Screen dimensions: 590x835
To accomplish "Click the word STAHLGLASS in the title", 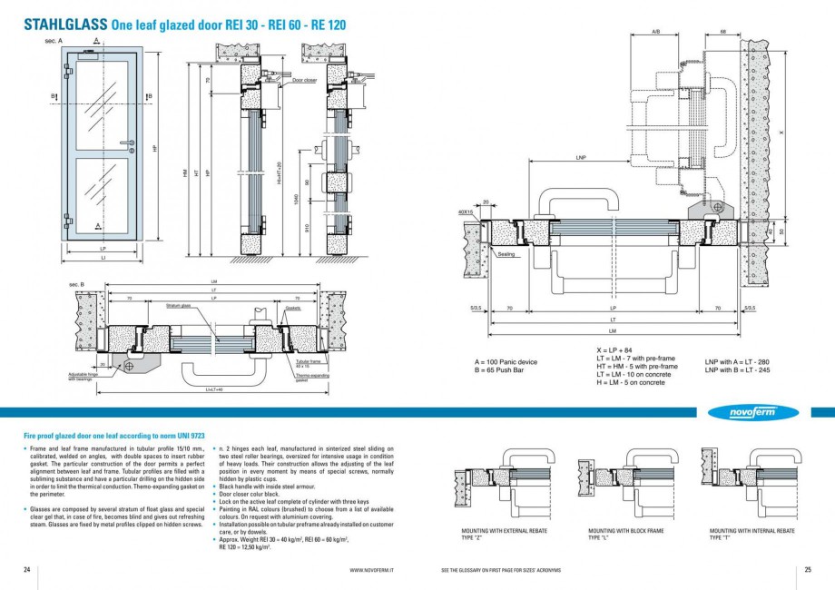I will [x=65, y=26].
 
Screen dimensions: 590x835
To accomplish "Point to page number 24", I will [x=27, y=569].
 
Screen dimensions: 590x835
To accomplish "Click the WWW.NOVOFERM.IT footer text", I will [x=372, y=570].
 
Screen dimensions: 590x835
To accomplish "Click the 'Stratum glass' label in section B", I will [x=178, y=307].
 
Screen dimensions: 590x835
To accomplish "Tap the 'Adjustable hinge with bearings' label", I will [x=83, y=376].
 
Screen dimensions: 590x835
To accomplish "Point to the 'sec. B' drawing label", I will [x=77, y=285].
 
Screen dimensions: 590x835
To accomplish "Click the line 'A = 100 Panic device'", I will [x=506, y=362].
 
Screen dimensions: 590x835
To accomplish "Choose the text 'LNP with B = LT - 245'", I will [x=736, y=369].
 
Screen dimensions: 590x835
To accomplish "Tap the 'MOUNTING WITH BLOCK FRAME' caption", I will [x=626, y=530].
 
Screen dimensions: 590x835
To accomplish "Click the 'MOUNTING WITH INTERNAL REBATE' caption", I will [x=751, y=530].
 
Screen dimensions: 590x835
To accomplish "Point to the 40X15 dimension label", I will [x=466, y=212].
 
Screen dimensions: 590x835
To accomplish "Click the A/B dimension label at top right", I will [x=656, y=32].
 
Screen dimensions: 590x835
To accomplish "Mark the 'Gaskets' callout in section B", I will [x=292, y=308].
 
